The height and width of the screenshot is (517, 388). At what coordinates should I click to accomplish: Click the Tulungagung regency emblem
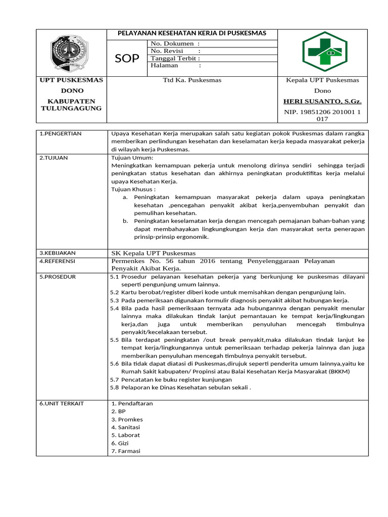71,52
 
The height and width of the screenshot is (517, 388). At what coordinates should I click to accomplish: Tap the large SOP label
127,59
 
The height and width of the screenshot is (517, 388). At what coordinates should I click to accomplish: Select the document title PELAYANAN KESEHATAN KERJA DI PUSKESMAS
191,33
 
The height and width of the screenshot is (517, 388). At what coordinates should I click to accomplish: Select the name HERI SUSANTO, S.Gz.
322,101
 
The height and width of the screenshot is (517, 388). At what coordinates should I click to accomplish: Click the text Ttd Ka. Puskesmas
191,80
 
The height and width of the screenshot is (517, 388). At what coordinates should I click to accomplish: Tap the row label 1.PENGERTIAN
60,134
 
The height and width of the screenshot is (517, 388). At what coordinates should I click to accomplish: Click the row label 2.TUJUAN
54,158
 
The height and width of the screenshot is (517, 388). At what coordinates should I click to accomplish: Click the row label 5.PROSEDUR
58,277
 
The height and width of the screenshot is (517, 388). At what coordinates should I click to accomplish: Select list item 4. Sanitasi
127,427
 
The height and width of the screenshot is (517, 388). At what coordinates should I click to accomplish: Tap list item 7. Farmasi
126,451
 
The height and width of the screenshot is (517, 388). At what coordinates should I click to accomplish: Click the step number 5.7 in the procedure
114,379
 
